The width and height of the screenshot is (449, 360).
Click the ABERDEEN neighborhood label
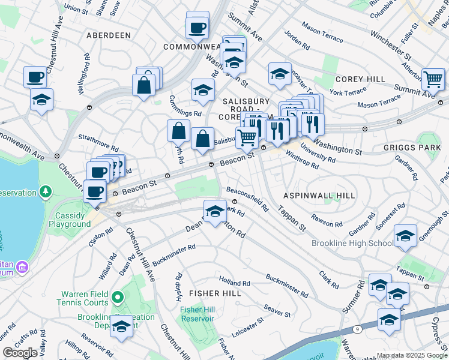click(x=109, y=35)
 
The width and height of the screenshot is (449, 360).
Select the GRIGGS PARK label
click(x=411, y=146)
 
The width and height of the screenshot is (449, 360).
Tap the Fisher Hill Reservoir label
click(x=197, y=313)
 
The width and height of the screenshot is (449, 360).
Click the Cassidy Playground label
click(x=73, y=220)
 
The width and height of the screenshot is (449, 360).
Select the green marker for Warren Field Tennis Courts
click(x=118, y=297)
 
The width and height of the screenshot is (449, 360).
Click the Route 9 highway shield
click(x=359, y=329)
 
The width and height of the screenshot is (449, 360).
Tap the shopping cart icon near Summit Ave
click(x=433, y=79)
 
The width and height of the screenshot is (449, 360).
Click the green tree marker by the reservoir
click(x=46, y=191)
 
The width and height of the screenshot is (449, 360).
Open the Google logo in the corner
click(x=20, y=352)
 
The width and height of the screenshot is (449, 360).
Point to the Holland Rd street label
click(x=229, y=280)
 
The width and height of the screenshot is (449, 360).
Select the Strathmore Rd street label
click(x=98, y=142)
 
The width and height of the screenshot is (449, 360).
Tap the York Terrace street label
click(x=348, y=92)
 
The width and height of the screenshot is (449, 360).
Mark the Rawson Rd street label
click(x=327, y=220)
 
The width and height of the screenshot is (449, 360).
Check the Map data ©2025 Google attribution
click(x=412, y=355)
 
